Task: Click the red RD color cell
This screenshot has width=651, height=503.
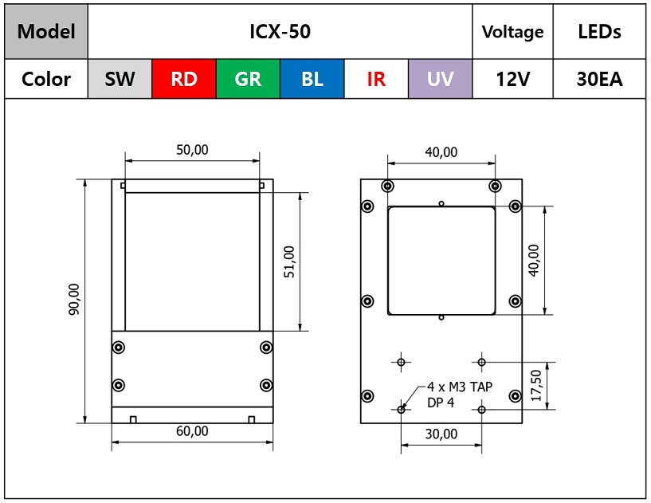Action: point(184,79)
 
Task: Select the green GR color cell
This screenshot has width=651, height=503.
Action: point(248,79)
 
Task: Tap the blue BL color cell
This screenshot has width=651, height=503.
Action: point(312,79)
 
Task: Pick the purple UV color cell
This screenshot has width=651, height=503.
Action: point(440,79)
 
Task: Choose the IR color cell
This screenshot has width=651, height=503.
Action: point(376,79)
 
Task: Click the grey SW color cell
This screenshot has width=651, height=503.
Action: point(120,79)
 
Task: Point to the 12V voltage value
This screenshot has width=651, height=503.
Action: point(512,79)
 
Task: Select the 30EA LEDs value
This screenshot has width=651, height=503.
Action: point(599,79)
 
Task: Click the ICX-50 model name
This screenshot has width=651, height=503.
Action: point(280,32)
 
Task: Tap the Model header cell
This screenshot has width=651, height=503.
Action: point(46,32)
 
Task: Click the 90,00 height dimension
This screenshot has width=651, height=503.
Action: point(74,299)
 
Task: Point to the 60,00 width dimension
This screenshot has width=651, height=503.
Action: point(192,431)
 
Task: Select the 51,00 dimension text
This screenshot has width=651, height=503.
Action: point(289,261)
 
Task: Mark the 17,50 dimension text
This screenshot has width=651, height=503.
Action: point(536,386)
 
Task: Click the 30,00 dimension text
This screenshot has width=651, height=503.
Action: point(441,434)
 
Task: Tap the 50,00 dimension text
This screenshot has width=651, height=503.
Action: point(192,150)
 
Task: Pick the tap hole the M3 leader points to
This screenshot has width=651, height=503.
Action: point(401,410)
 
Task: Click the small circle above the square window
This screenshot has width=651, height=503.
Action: point(441,203)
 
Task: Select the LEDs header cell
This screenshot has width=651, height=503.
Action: point(599,32)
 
